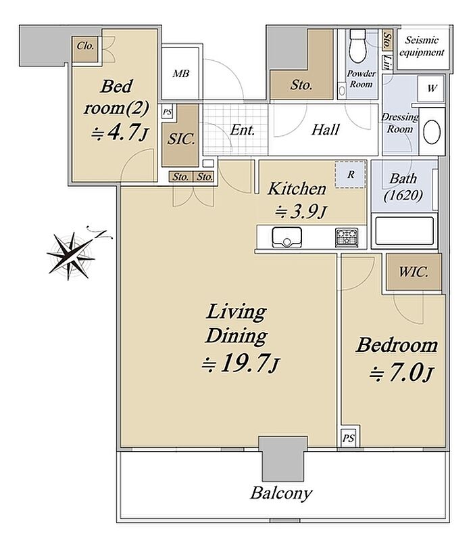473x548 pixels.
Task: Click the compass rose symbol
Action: coord(72,255)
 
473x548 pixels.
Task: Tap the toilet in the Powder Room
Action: coord(358,45)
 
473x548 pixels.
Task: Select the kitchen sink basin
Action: coord(287,237)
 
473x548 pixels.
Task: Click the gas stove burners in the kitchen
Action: coord(347,237)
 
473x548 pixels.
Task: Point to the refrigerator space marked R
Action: coord(351,175)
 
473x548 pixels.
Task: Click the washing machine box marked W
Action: coord(432,88)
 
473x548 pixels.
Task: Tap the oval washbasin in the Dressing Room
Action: coord(432,132)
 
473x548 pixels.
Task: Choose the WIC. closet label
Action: coord(414,272)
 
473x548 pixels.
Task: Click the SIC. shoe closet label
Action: coord(181,139)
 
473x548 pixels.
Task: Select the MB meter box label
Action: coord(181,74)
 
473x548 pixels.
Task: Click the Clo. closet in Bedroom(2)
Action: coord(85,49)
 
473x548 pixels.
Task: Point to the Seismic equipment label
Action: coord(422,46)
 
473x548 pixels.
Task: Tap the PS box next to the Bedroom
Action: coord(349,438)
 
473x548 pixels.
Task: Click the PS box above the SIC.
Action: coord(167,112)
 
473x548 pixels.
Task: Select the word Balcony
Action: coord(281,493)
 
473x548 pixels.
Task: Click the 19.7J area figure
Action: coord(241,363)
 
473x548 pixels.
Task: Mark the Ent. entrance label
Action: coord(243,130)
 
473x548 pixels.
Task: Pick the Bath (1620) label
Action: coord(403,187)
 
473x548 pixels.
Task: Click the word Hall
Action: coord(325,130)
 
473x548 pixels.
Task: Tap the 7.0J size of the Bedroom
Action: coord(401,373)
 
